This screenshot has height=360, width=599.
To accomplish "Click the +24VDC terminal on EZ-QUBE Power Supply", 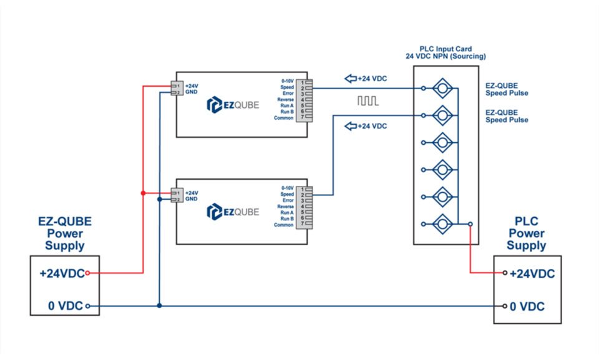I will [x=87, y=273].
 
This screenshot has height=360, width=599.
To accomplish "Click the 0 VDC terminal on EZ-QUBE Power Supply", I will [x=87, y=306].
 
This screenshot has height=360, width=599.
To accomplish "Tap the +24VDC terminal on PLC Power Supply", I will [x=505, y=273].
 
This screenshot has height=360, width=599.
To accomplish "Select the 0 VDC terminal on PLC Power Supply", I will [x=505, y=306].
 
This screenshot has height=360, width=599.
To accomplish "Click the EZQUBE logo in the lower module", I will [x=232, y=212].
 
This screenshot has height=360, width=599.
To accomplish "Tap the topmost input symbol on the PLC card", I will [x=442, y=88].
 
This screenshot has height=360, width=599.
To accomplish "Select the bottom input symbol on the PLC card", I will [x=442, y=223].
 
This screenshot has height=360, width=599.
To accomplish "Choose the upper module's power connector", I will [x=175, y=89].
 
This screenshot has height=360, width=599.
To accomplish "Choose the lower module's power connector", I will [x=175, y=196].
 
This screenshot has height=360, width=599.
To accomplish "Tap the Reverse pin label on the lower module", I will [x=286, y=207].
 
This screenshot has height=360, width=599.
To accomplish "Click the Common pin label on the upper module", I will [x=284, y=118].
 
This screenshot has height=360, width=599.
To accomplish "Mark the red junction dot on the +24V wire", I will [x=143, y=193].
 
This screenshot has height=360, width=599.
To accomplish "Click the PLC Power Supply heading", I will [x=526, y=233].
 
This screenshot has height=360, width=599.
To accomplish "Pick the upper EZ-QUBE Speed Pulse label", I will [x=506, y=89].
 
